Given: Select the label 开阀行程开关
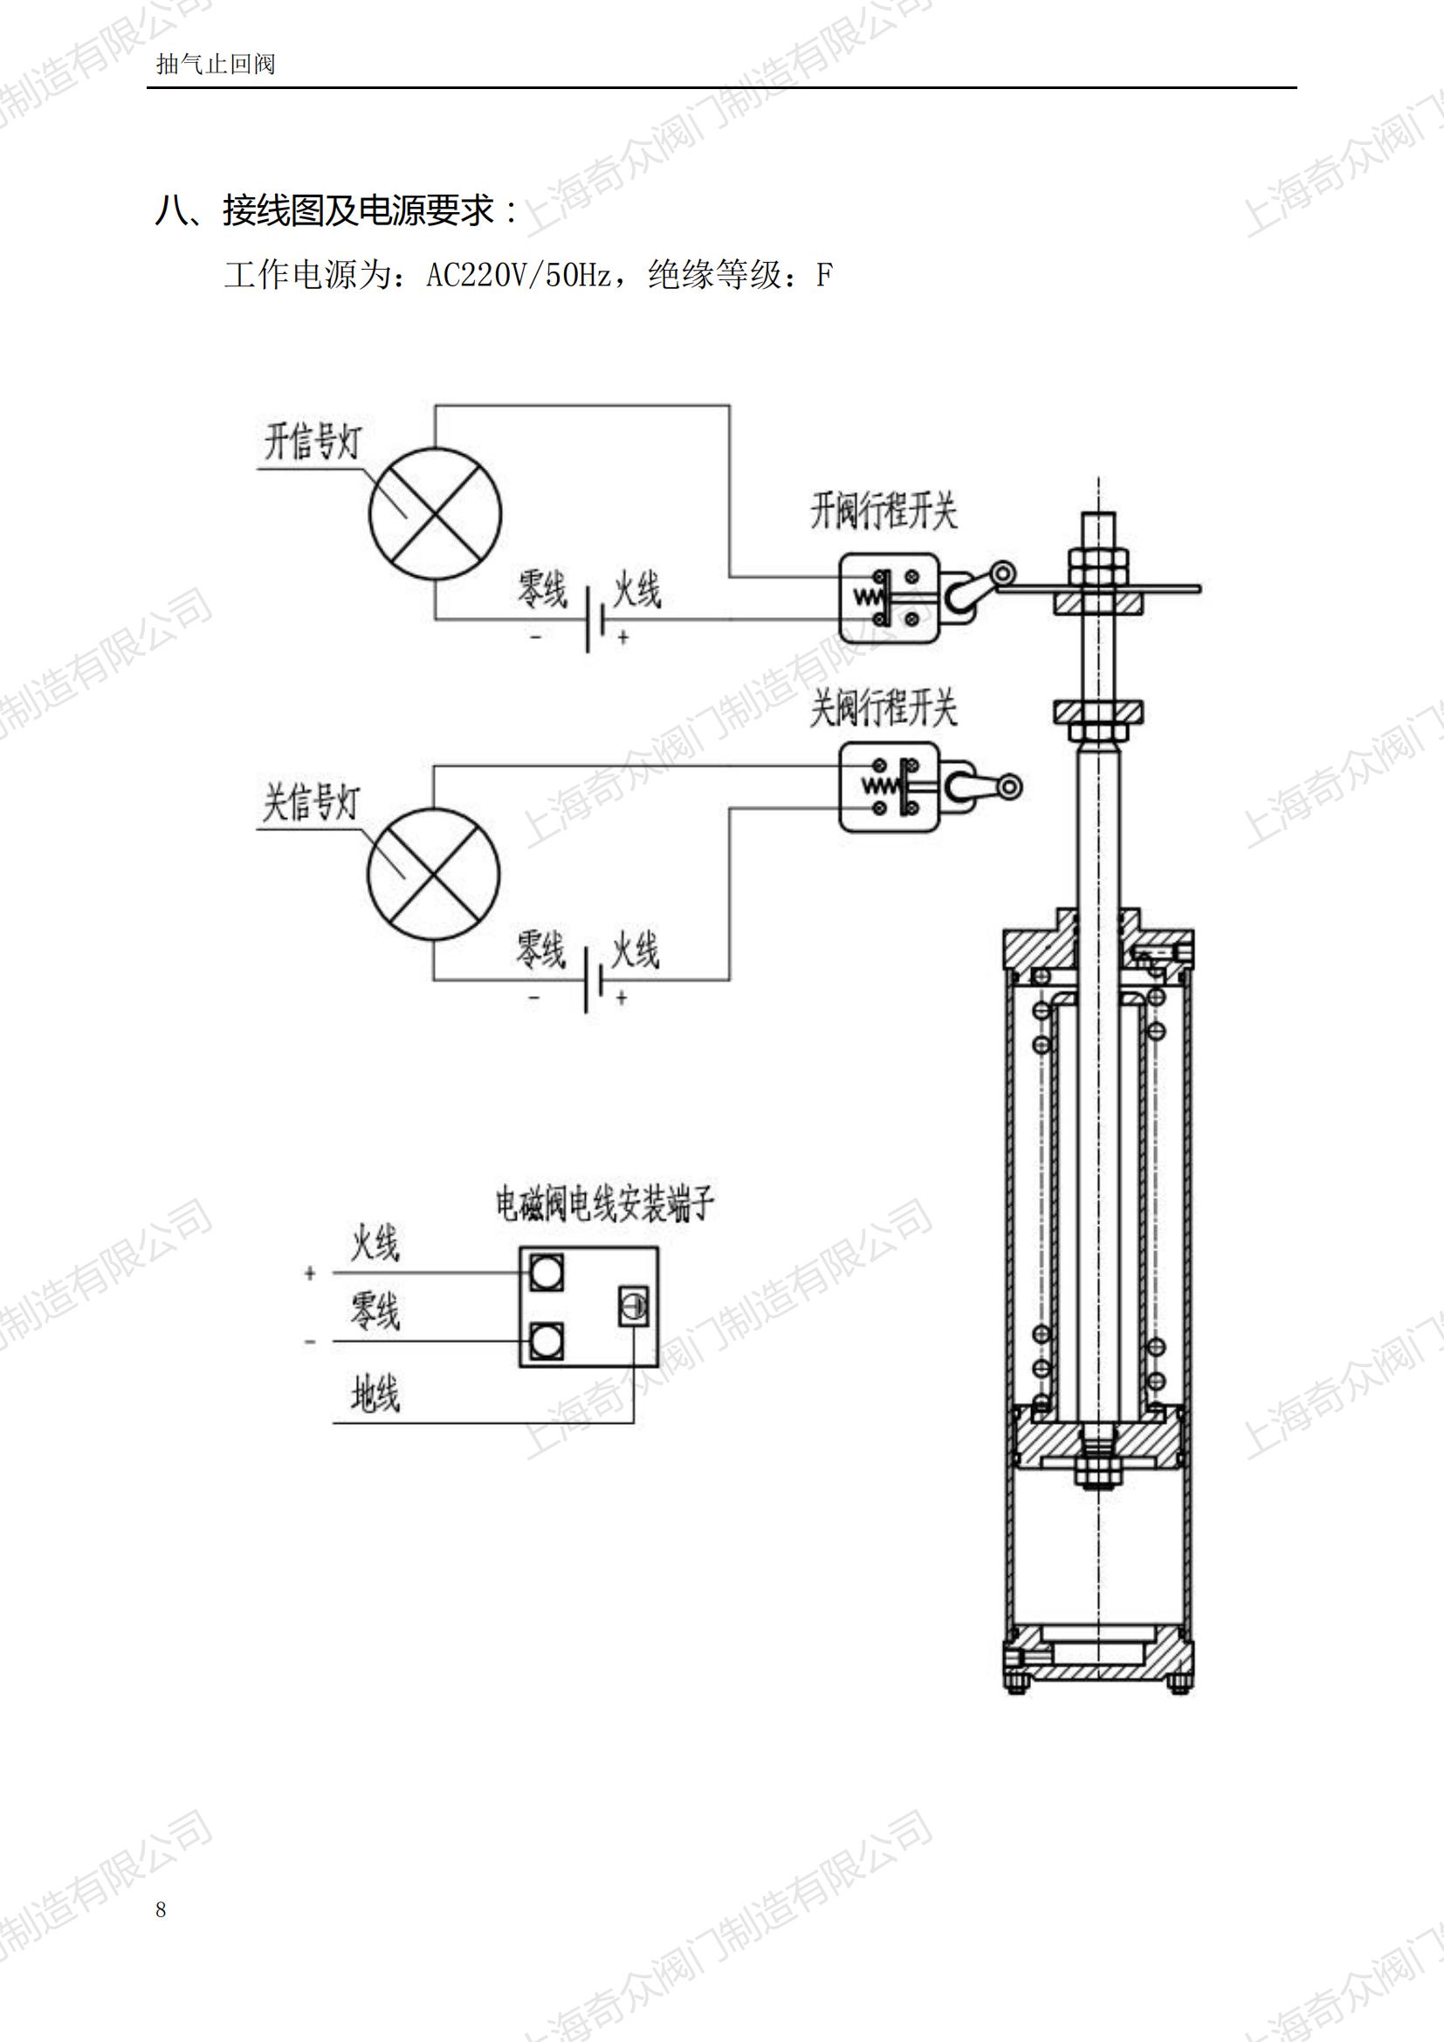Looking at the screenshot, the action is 883,512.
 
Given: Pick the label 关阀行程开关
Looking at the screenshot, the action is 883,709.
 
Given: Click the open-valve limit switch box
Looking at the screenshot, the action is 889,597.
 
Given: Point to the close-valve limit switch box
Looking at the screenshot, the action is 889,788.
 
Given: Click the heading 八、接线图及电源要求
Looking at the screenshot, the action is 337,211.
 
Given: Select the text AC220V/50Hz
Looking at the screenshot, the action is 518,276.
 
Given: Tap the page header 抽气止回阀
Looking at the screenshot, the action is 215,64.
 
